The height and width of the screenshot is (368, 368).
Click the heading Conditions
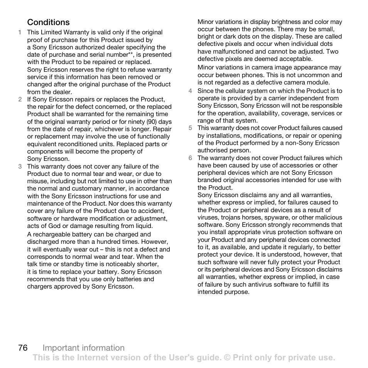(x=48, y=22)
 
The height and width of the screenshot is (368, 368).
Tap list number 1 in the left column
(x=19, y=32)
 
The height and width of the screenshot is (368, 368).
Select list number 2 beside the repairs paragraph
(x=19, y=100)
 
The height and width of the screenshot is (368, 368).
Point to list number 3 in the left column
(x=19, y=167)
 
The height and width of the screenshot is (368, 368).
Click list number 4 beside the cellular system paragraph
(x=190, y=91)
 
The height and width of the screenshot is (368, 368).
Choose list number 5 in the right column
(x=190, y=128)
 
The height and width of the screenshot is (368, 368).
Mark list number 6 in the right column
(x=190, y=158)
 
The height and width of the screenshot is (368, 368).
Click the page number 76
(x=23, y=348)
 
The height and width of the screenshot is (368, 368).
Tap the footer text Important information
(x=84, y=348)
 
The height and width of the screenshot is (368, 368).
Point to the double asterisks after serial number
(x=130, y=54)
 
